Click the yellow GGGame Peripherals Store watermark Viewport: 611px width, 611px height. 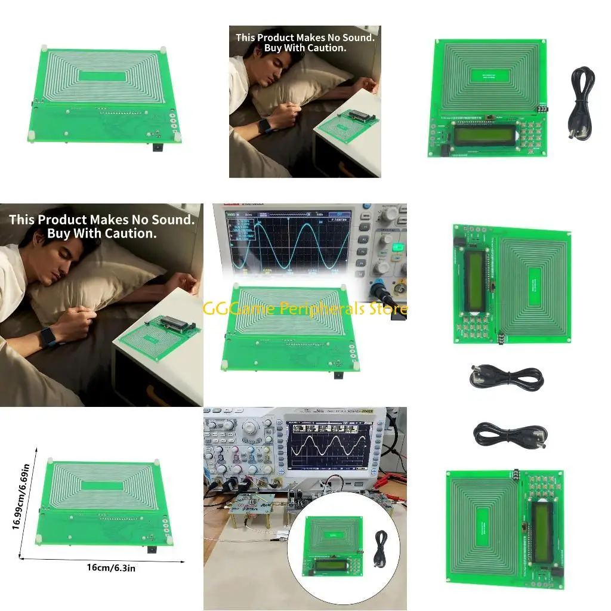[305, 308]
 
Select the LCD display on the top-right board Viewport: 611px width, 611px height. [484, 135]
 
